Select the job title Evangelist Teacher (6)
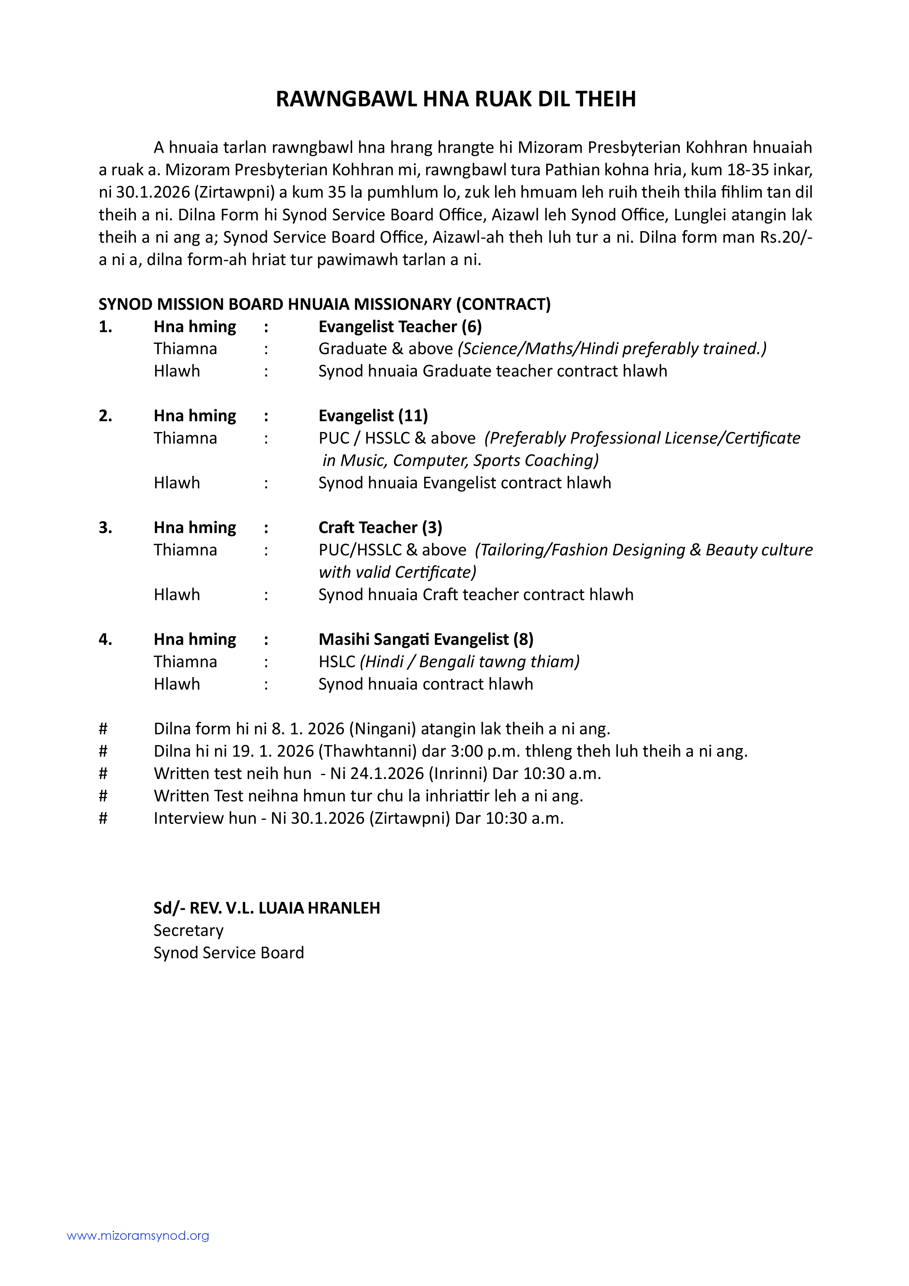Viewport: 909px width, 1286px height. [400, 327]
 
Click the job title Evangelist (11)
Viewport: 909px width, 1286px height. [373, 416]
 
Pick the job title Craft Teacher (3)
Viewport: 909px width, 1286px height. [380, 528]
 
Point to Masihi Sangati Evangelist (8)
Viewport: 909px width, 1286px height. [426, 639]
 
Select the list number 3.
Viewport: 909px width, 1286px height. [105, 528]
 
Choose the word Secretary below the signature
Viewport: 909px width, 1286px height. [189, 930]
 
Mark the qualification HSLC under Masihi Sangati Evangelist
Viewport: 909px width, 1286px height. [336, 661]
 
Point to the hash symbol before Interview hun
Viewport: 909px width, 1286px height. [103, 818]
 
